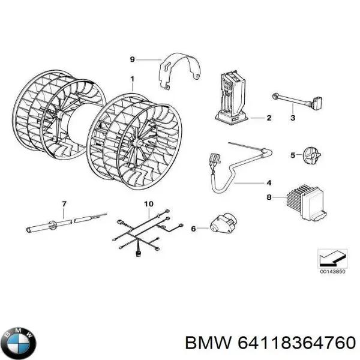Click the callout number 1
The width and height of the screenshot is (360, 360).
(x=133, y=79)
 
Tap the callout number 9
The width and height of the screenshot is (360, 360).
(x=133, y=59)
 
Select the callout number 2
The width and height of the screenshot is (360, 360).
(x=269, y=118)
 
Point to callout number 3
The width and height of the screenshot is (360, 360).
(x=293, y=118)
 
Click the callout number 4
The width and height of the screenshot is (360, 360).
(x=269, y=182)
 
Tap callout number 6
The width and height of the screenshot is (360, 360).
(x=193, y=228)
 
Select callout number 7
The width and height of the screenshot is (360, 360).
(x=64, y=205)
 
